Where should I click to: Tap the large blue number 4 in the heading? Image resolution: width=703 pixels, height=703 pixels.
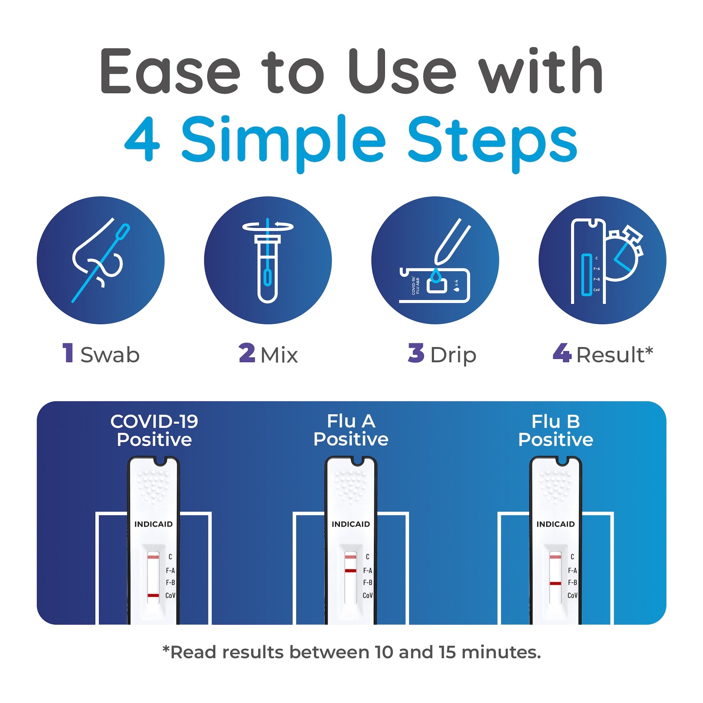tap(142, 139)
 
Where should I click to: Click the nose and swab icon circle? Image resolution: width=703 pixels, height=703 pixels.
tap(100, 260)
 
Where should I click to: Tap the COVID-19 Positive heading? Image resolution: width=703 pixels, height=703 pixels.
tap(154, 431)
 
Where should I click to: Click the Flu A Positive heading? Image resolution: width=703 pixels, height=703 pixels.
tap(351, 431)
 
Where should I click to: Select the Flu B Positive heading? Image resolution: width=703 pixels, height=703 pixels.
tap(556, 431)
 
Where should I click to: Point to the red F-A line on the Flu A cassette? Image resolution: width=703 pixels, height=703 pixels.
tap(350, 570)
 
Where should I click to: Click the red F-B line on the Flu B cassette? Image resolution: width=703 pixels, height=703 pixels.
tap(555, 583)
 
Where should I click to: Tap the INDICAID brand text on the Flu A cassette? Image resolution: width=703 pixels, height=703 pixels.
tap(351, 524)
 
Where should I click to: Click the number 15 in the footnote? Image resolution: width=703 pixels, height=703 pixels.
tap(447, 652)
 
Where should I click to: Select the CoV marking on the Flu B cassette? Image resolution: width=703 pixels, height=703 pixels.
tap(572, 596)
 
